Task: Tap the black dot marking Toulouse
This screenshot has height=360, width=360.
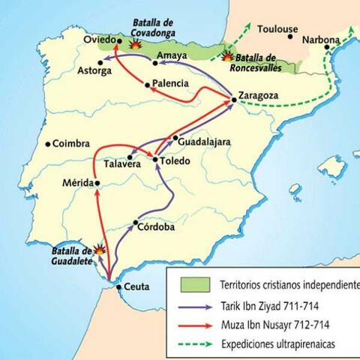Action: [290, 35]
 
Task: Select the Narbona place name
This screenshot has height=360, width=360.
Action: [321, 39]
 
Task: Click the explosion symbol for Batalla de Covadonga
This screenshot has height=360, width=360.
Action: [136, 44]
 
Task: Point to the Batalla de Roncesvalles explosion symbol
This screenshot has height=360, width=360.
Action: [226, 55]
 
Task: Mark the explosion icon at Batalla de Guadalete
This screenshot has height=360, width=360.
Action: [98, 250]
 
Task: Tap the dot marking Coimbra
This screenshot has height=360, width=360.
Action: [48, 144]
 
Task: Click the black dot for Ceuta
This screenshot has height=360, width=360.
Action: [118, 286]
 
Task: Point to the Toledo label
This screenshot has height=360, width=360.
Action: [177, 160]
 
